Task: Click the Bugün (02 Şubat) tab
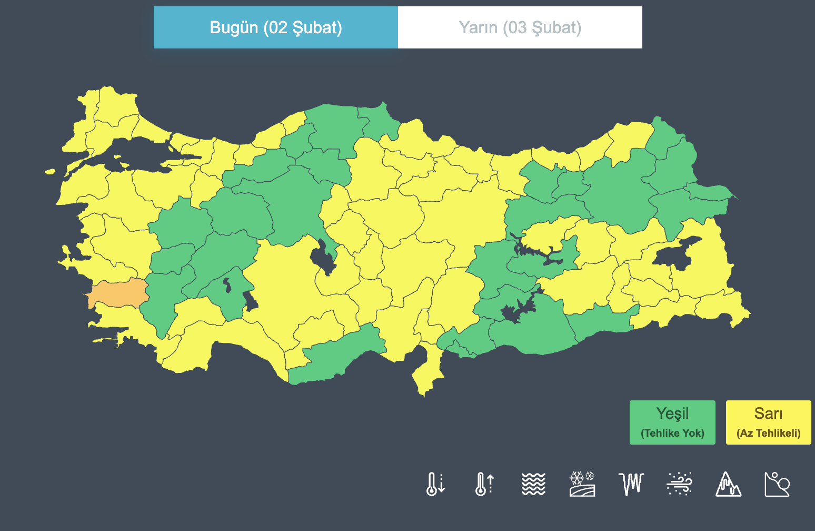[276, 27]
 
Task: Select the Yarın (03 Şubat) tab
[520, 27]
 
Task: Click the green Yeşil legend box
[672, 422]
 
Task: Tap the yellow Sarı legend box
[768, 422]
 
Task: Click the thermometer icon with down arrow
[435, 484]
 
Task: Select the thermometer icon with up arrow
[484, 484]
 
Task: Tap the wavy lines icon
[533, 484]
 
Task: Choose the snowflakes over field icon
[582, 484]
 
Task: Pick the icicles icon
[631, 484]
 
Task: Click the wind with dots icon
[679, 484]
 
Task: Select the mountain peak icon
[728, 484]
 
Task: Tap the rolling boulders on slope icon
[777, 484]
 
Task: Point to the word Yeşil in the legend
[672, 414]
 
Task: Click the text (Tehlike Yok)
[672, 433]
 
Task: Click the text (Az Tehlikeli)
[768, 433]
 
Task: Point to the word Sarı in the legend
[768, 414]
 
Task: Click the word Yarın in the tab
[478, 27]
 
